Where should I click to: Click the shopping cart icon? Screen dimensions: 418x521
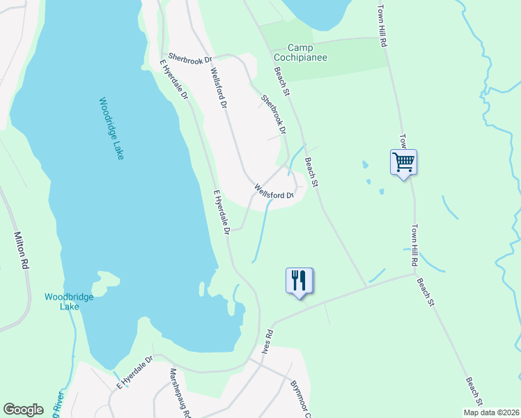point(404,163)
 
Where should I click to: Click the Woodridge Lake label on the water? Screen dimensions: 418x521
point(111,128)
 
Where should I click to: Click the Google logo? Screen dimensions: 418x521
point(23,410)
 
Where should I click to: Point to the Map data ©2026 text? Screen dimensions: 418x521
point(491,412)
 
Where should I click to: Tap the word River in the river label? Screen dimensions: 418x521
point(59,404)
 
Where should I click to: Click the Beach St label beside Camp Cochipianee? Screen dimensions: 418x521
point(281,81)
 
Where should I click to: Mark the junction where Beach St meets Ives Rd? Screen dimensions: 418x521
point(366,286)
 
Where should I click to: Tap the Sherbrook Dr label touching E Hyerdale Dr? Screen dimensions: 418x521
point(189,61)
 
